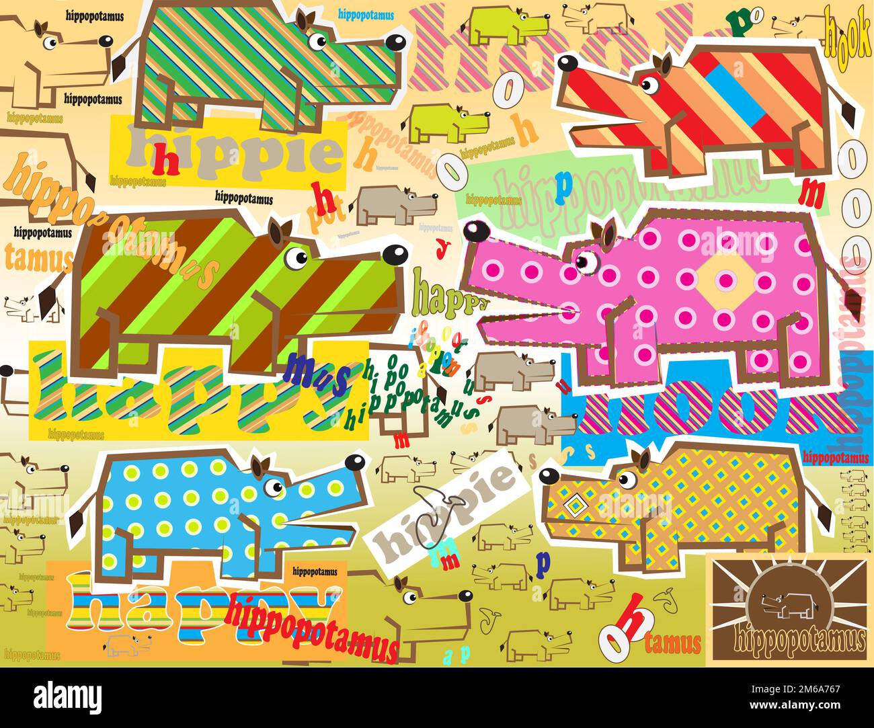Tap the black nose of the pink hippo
click(477, 231)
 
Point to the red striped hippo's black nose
click(567, 65)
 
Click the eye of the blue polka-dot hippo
click(273, 487)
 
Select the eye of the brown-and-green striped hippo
click(294, 257)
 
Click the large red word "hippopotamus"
click(313, 624)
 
